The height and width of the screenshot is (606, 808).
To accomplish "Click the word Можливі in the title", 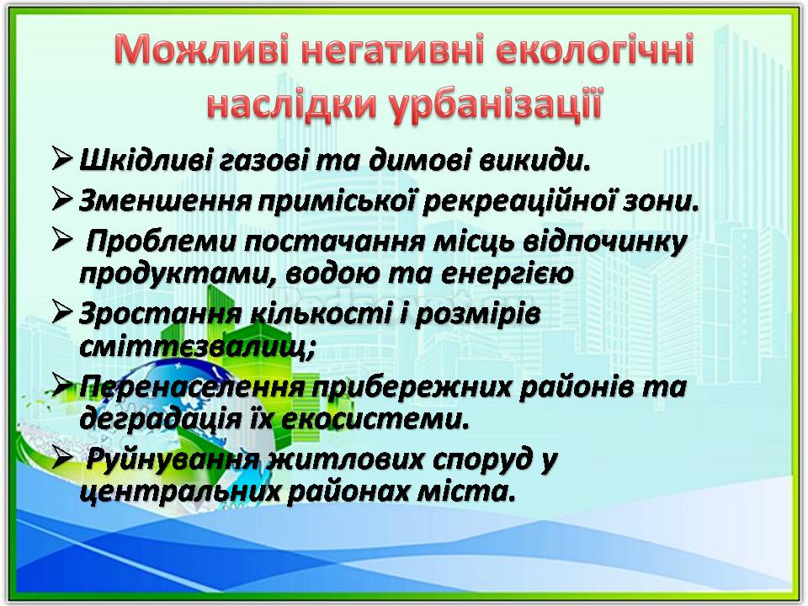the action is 202,50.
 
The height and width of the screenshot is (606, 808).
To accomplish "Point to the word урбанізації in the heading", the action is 495,104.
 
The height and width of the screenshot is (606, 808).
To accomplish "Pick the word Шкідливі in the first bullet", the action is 146,159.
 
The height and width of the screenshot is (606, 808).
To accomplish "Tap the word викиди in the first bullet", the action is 534,160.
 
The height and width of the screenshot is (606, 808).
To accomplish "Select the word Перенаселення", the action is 192,386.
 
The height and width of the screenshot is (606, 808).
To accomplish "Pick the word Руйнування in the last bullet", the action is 172,460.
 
